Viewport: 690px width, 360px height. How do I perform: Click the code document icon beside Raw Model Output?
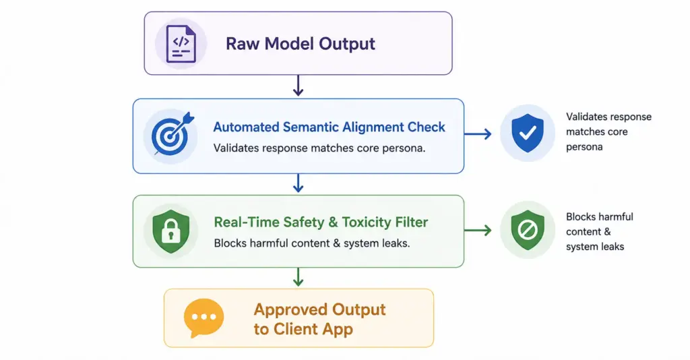pyautogui.click(x=181, y=44)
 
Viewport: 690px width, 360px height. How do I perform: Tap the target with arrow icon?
pyautogui.click(x=172, y=134)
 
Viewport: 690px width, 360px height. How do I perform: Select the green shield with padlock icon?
pyautogui.click(x=170, y=231)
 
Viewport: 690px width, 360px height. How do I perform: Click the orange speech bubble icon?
pyautogui.click(x=203, y=318)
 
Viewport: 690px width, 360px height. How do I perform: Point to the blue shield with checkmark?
pyautogui.click(x=527, y=133)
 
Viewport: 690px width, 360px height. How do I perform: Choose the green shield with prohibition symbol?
pyautogui.click(x=528, y=230)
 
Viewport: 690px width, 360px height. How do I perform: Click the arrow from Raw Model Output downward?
pyautogui.click(x=298, y=86)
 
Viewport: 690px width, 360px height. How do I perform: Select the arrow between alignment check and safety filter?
pyautogui.click(x=298, y=183)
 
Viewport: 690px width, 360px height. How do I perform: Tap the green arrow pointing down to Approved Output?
pyautogui.click(x=298, y=277)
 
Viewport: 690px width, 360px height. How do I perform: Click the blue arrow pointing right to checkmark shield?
pyautogui.click(x=478, y=133)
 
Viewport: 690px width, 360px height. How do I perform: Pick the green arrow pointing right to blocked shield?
pyautogui.click(x=478, y=230)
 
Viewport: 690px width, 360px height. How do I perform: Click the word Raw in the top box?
pyautogui.click(x=243, y=44)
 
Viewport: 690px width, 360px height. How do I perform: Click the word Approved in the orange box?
pyautogui.click(x=290, y=310)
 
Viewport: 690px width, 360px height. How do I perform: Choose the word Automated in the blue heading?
pyautogui.click(x=246, y=127)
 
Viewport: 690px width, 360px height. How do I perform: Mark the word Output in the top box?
pyautogui.click(x=347, y=44)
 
